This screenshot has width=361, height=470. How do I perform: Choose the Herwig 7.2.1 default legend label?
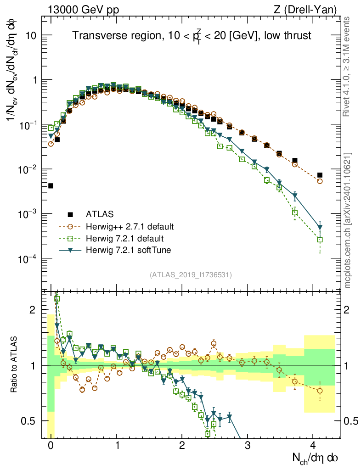click(x=125, y=238)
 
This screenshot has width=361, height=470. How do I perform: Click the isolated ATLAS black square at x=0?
click(x=51, y=186)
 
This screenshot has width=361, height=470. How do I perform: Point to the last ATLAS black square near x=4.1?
click(x=320, y=175)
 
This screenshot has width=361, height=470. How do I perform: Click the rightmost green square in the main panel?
click(x=320, y=239)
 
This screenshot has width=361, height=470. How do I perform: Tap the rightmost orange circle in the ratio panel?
click(x=320, y=391)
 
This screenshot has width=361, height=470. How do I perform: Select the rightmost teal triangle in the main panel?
click(x=320, y=228)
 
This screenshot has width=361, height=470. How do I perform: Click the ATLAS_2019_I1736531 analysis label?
click(x=191, y=275)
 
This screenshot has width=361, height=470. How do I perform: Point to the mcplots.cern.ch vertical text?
click(x=348, y=220)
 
